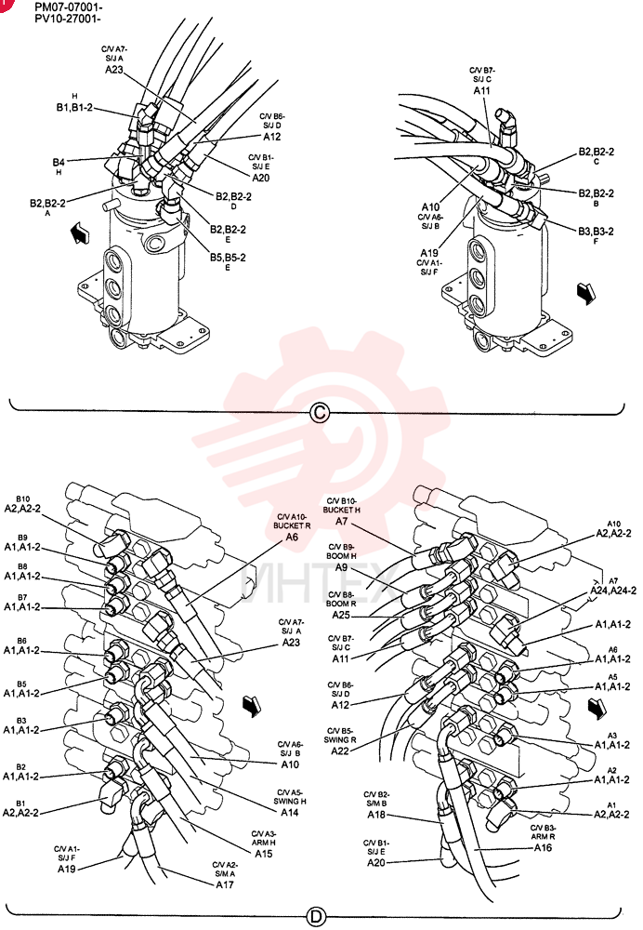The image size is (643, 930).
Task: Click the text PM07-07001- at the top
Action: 68,7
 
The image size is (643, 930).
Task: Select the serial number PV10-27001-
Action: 68,19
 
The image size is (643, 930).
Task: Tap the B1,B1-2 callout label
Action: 74,107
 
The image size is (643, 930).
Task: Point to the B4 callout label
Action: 59,161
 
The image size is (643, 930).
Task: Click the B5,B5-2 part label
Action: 228,258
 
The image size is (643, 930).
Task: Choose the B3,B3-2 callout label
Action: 596,232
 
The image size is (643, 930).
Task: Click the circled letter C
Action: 320,412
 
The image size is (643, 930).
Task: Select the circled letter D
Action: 317,916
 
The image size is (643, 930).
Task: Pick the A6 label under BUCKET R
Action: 292,537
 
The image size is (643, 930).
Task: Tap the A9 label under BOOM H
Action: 341,567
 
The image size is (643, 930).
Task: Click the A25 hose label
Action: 341,615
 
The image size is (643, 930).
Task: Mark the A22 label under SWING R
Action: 339,751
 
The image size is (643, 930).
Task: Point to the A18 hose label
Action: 375,815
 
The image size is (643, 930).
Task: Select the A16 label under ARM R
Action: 543,847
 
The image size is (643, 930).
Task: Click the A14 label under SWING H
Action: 290,812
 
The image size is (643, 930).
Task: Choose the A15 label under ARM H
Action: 264,854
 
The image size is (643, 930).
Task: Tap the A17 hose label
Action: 225,884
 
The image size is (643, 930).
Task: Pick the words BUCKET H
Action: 341,510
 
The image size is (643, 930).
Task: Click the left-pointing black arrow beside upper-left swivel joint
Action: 79,232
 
